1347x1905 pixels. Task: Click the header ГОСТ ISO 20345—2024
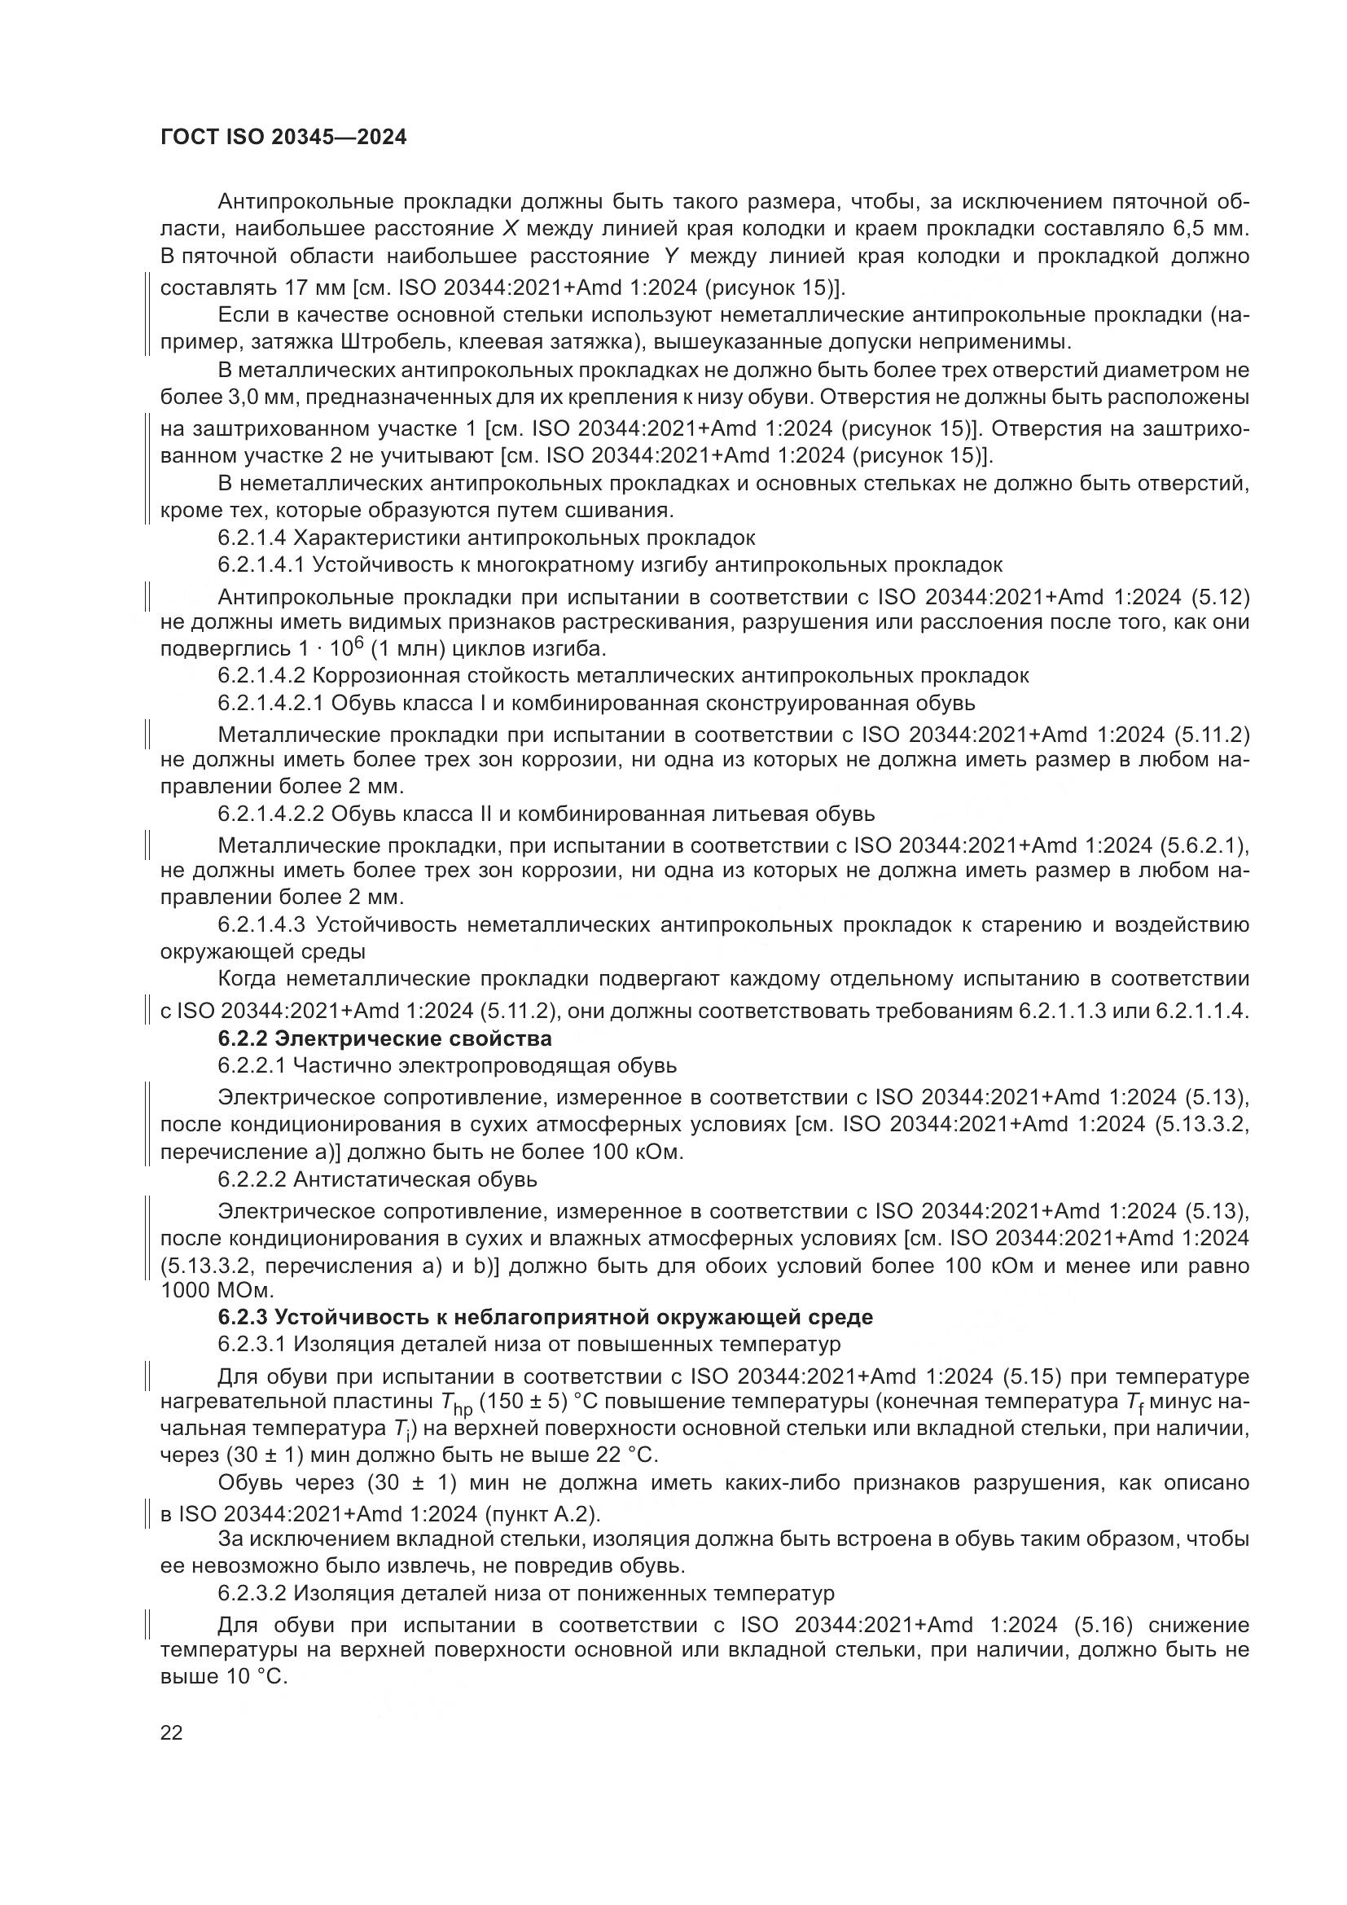pos(283,138)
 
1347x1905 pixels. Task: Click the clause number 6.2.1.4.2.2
pos(270,813)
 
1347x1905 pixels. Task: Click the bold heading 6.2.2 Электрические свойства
pos(385,1038)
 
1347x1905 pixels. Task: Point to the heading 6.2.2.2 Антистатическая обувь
pos(377,1179)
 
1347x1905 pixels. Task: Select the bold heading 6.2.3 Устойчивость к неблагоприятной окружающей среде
pos(545,1317)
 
